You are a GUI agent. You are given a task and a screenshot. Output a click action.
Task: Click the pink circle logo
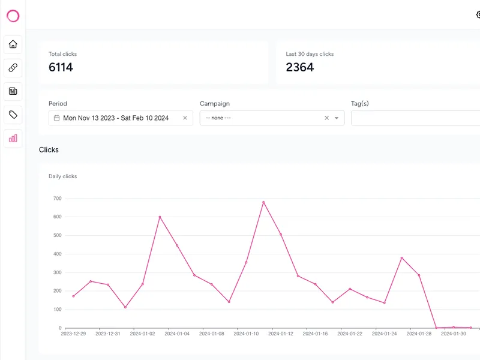point(13,10)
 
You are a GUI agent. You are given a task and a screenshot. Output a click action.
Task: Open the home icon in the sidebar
point(13,44)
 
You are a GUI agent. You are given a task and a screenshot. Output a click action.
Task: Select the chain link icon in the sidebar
point(13,68)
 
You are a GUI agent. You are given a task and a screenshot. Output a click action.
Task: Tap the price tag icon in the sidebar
point(13,115)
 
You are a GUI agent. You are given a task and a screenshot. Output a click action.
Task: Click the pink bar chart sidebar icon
point(13,139)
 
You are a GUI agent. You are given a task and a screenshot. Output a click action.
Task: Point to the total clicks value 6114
point(61,67)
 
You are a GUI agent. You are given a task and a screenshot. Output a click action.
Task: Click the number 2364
point(299,67)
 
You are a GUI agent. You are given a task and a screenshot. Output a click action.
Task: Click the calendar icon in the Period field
point(56,118)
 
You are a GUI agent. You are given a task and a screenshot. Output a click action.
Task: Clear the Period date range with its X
point(185,118)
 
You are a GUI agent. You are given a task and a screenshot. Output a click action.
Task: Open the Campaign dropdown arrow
point(337,118)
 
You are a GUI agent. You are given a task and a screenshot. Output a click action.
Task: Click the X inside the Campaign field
point(326,118)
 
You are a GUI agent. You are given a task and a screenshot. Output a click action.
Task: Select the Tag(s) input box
point(415,118)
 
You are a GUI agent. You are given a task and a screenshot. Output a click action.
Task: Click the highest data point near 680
point(263,202)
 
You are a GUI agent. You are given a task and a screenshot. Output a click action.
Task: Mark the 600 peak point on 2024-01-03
point(160,217)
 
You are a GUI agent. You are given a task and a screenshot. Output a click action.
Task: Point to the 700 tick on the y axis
point(57,199)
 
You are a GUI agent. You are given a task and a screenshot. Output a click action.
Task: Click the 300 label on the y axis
point(57,272)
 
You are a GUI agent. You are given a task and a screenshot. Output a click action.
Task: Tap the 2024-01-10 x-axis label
point(246,334)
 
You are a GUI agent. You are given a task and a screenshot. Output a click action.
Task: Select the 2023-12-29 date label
point(73,334)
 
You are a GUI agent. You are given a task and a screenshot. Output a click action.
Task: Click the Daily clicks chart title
point(63,176)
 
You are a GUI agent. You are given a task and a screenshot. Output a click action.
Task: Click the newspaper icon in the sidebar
point(13,91)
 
